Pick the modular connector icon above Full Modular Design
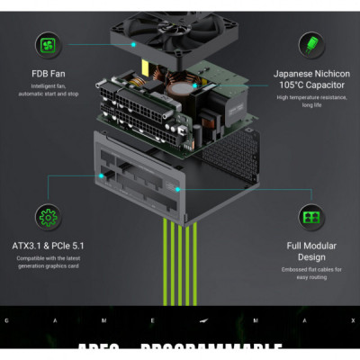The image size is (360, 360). pyautogui.click(x=312, y=217)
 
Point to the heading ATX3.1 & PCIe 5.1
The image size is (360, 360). pyautogui.click(x=48, y=245)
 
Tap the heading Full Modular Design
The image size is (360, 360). pyautogui.click(x=312, y=252)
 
